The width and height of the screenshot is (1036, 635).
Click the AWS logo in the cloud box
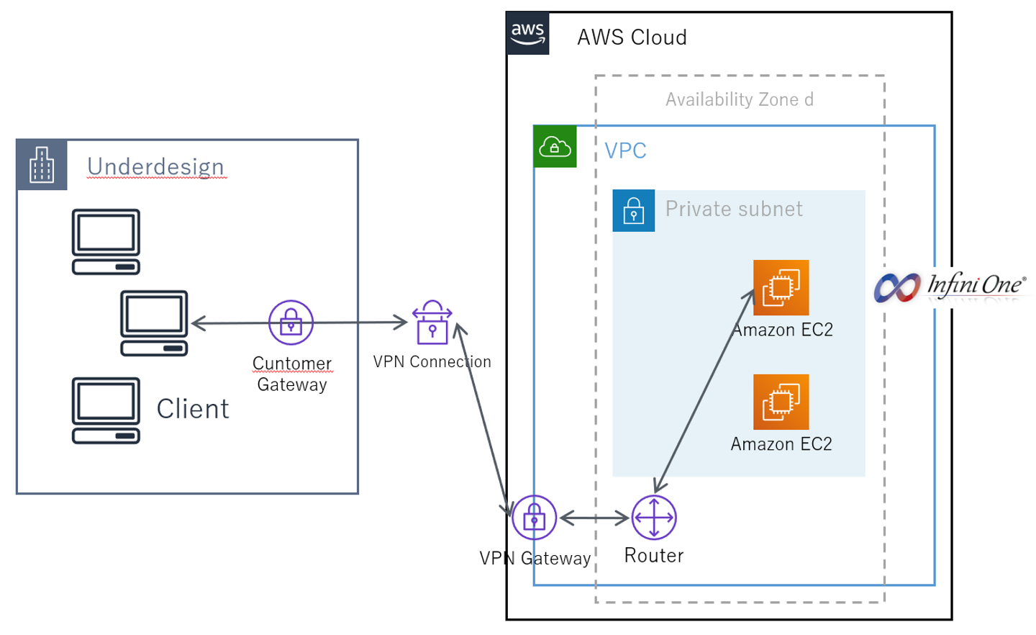point(527,33)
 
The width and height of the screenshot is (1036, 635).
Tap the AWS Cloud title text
point(632,37)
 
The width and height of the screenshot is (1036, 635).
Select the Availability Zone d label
point(739,99)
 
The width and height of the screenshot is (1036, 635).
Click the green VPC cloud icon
point(555,146)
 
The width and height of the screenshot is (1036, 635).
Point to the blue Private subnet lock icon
point(633,210)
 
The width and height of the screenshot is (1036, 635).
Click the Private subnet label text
point(733,209)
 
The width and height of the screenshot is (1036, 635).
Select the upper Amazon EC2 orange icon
point(781,287)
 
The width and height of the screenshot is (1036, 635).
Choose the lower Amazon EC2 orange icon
point(781,402)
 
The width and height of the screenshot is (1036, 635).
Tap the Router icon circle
point(653,517)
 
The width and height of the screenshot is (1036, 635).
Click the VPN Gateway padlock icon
point(534,517)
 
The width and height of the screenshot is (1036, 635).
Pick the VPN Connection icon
point(432,323)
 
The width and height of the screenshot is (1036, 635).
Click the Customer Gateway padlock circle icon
point(291,323)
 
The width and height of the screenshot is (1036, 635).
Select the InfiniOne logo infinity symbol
point(897,287)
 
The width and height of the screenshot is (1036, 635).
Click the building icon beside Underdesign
point(42,165)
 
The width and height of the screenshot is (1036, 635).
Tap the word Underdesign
point(155,166)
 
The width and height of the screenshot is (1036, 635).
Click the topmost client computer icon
point(106,242)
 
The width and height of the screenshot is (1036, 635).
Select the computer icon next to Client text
point(106,410)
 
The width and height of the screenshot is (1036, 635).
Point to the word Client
point(193,409)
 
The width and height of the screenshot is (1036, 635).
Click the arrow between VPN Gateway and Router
point(594,518)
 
